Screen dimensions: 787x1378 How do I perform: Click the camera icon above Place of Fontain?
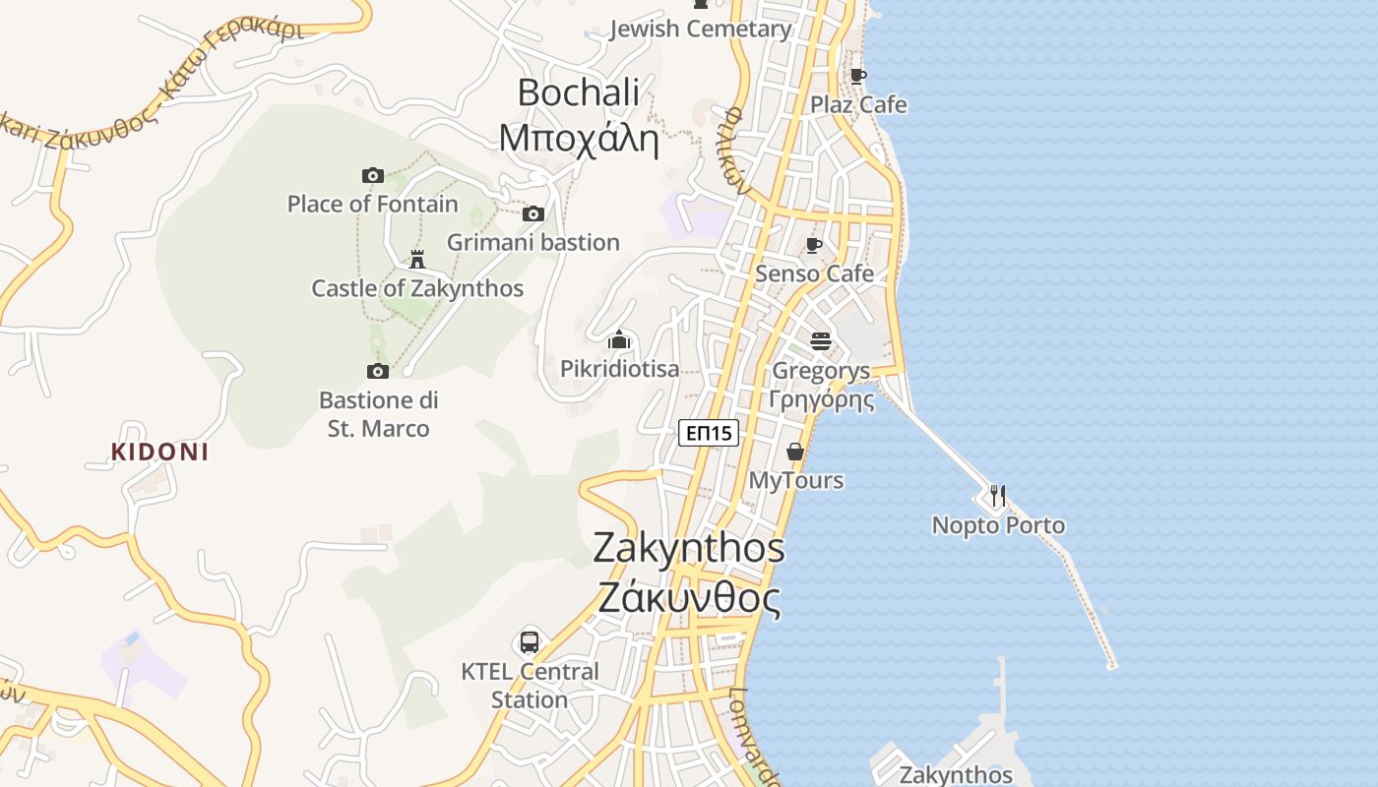coord(373,175)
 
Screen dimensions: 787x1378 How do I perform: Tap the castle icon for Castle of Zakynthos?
coord(417,260)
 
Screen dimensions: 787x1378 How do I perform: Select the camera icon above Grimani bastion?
coord(533,213)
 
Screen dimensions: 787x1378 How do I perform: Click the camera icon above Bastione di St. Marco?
coord(378,371)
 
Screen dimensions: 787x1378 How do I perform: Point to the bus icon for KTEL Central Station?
coord(530,642)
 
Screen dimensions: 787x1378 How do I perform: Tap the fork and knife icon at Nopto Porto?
coord(998,495)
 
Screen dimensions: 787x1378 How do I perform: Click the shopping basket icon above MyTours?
coord(795,452)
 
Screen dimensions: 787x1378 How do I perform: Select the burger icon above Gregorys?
coord(821,341)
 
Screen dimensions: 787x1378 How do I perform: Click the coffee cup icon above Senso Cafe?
coord(814,245)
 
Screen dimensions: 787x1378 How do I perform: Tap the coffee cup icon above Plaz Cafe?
coord(858,76)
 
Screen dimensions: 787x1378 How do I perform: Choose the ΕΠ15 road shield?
coord(709,432)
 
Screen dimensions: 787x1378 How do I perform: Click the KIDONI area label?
coord(159,453)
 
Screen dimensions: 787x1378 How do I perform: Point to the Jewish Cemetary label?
coord(701,30)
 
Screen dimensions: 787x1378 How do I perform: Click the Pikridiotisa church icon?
coord(619,340)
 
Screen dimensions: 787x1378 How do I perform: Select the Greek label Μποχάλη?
coord(578,138)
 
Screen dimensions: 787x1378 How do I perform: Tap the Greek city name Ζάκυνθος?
coord(689,598)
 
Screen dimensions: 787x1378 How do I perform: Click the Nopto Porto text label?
coord(998,525)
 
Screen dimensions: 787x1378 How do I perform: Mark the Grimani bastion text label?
coord(533,242)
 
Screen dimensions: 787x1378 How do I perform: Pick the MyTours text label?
coord(796,480)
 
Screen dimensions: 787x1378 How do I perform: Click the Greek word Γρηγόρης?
coord(822,399)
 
